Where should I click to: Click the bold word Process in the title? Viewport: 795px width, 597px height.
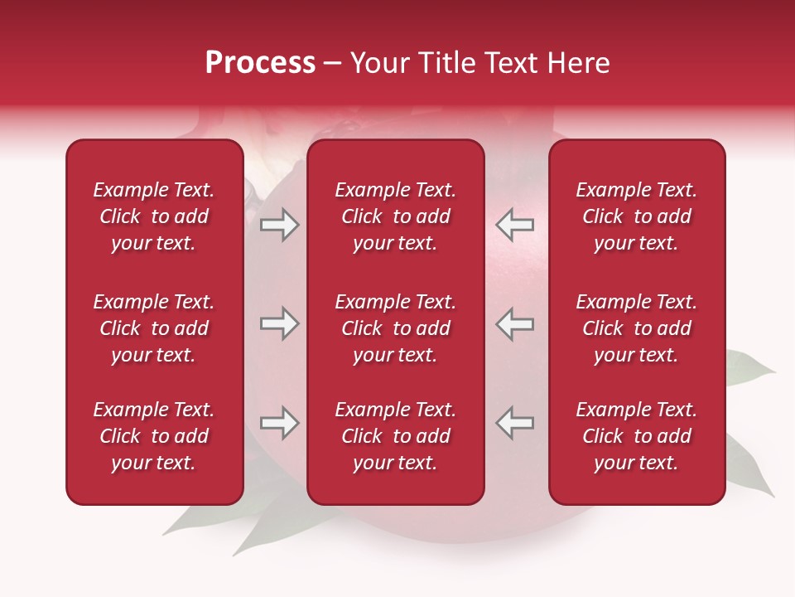[260, 63]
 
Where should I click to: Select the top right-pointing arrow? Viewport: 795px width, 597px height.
[279, 225]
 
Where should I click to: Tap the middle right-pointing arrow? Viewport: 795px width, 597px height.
[279, 323]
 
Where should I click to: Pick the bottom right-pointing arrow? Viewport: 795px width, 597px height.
[279, 423]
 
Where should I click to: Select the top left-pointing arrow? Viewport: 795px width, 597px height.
[514, 225]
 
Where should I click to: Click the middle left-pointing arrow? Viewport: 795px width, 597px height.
[514, 323]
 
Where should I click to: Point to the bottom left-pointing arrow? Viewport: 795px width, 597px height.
[514, 423]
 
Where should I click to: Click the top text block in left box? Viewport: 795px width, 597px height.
[154, 216]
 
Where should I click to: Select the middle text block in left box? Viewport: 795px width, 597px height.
[154, 328]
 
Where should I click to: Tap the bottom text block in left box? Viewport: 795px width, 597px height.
[154, 436]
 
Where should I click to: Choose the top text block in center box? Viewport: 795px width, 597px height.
[395, 216]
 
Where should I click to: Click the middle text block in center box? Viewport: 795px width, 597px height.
[395, 328]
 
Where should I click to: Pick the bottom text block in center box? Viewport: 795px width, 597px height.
[395, 436]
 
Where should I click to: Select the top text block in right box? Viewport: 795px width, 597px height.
[636, 216]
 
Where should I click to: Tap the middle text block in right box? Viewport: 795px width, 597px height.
[636, 328]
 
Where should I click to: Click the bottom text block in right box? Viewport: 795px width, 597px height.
[636, 436]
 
